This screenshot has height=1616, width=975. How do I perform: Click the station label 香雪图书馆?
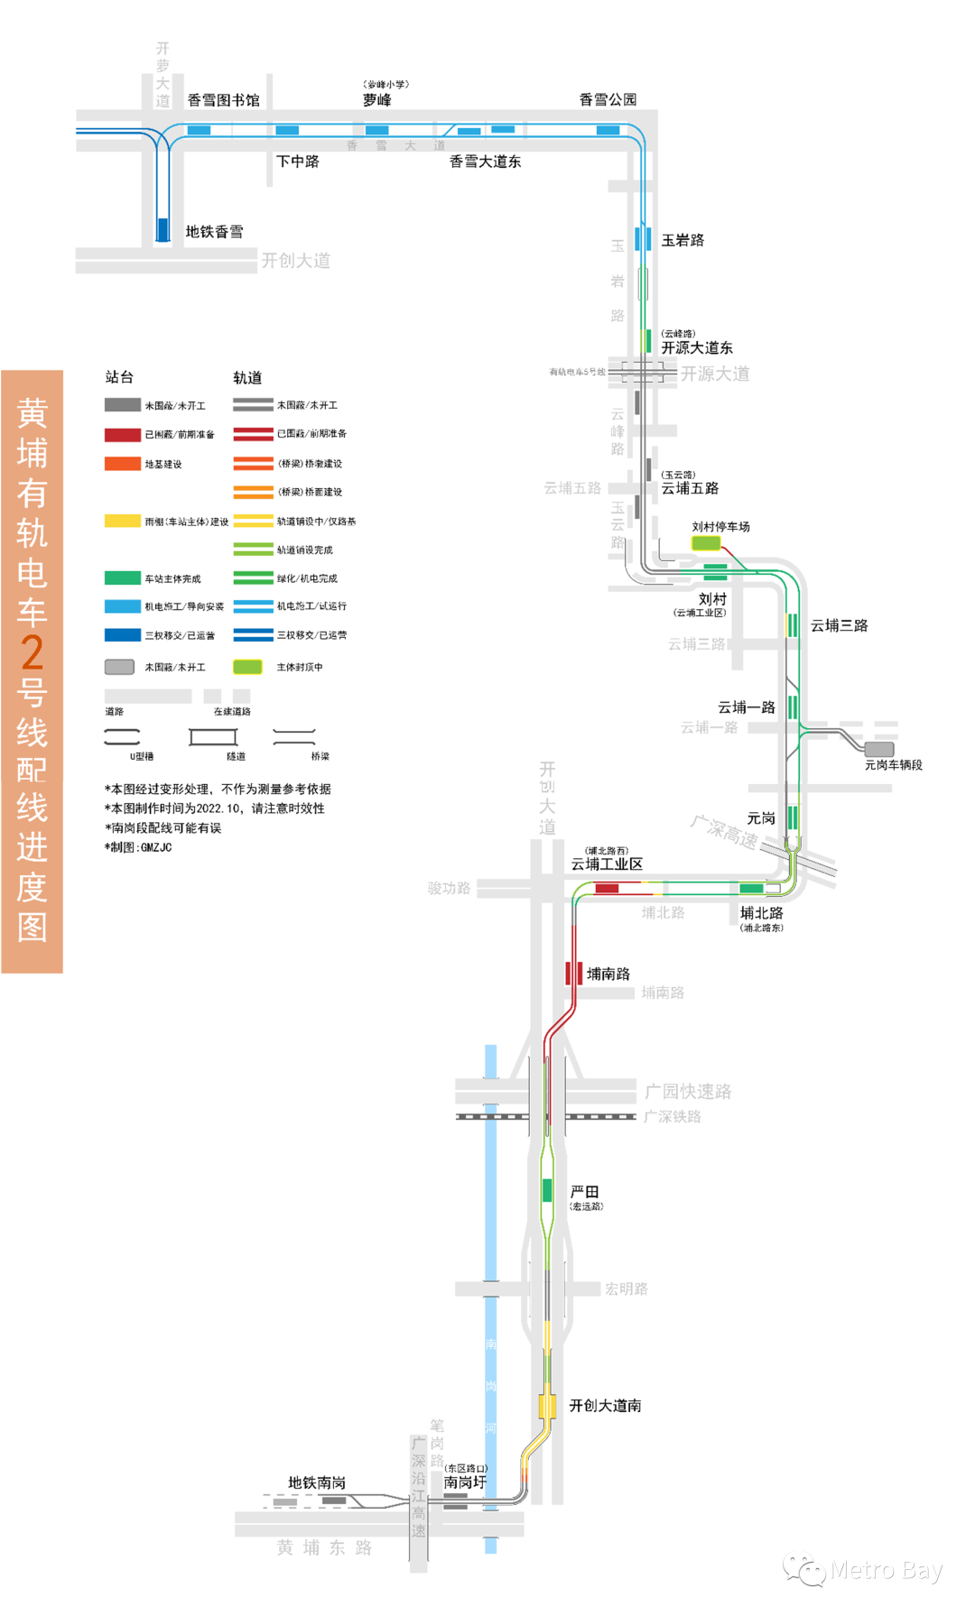(223, 100)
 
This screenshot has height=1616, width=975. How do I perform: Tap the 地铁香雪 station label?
(214, 232)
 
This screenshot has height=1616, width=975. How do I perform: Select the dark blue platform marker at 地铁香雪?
(163, 229)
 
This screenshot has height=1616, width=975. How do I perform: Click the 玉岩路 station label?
(682, 240)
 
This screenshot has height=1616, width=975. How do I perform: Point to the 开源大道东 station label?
(696, 347)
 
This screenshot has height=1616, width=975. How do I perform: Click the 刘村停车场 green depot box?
(705, 543)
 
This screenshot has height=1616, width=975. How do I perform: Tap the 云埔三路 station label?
(839, 625)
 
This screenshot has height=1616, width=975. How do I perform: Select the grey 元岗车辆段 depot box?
(879, 749)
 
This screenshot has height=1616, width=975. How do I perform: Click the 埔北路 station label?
(761, 913)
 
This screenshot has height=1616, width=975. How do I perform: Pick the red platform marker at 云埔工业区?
(607, 889)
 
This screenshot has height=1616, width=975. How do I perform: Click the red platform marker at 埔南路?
(574, 974)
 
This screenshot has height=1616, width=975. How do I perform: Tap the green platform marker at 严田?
(547, 1190)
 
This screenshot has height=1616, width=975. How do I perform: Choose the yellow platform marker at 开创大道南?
(547, 1406)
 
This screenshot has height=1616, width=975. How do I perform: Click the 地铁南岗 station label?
(317, 1482)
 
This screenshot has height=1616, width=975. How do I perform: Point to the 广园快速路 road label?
(688, 1092)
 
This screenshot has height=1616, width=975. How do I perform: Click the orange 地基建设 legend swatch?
(123, 464)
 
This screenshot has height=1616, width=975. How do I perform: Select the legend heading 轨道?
(247, 377)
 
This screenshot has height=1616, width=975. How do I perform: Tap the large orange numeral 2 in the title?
(32, 652)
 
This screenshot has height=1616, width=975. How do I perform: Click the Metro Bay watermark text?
(886, 1571)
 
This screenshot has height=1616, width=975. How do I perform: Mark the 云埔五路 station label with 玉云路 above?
(690, 488)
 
